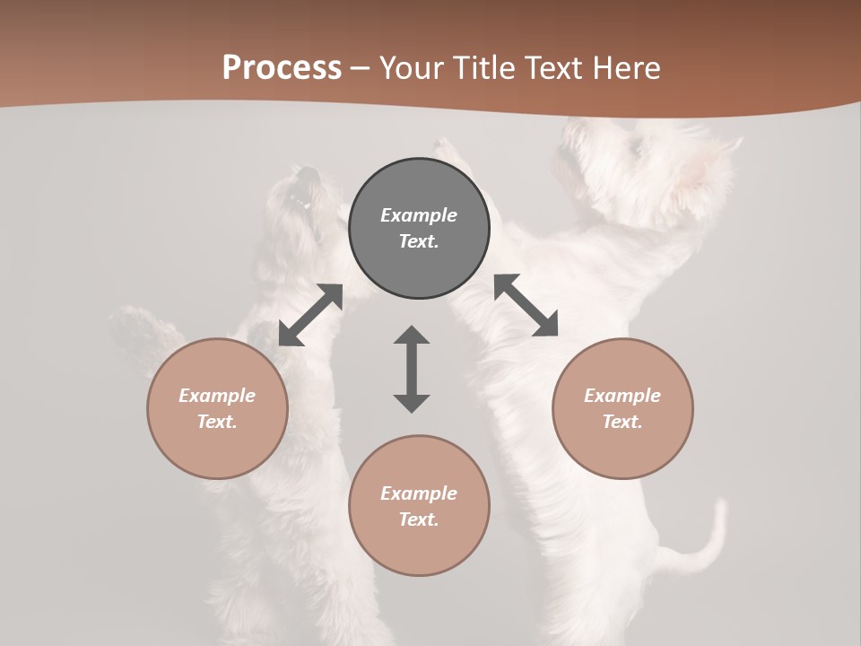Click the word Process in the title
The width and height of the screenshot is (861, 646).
click(x=282, y=68)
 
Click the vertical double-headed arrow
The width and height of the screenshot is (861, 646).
click(x=412, y=369)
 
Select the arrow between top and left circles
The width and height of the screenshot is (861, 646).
click(x=310, y=315)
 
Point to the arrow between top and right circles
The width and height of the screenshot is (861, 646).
click(x=526, y=305)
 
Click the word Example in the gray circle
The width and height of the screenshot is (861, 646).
click(x=419, y=215)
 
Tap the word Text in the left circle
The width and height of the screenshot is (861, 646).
click(x=217, y=422)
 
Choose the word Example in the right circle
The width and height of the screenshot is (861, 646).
click(x=622, y=396)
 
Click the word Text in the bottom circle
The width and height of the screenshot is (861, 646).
click(x=419, y=519)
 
